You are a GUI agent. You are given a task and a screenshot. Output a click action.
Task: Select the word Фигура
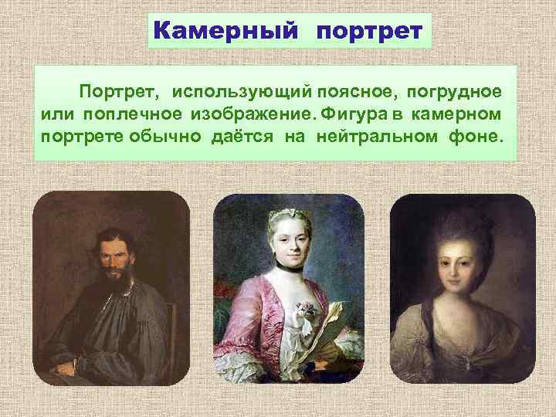[x=356, y=114]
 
